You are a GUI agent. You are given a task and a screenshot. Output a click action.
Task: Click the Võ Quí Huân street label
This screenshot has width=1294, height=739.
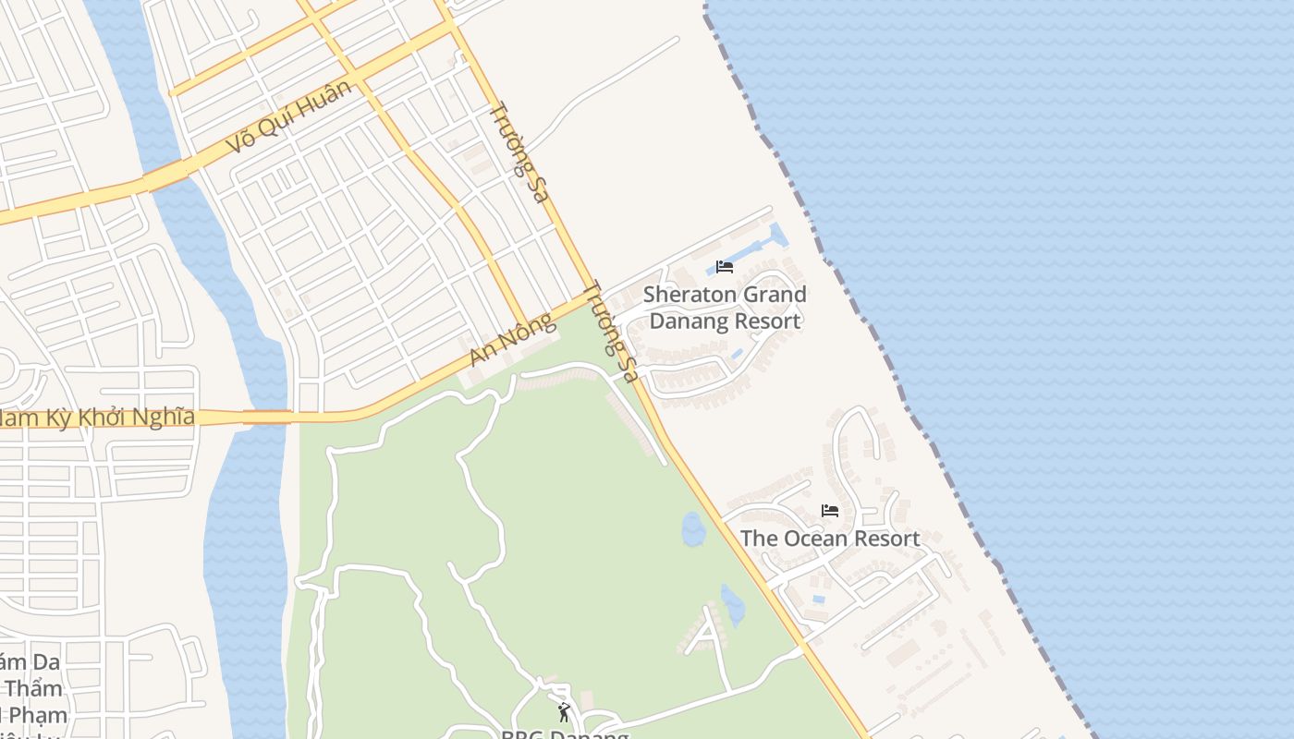point(290,115)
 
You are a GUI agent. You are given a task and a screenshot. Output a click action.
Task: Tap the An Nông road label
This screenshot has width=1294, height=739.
point(512,339)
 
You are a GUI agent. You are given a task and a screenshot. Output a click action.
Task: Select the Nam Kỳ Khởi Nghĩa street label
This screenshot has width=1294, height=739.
point(96,418)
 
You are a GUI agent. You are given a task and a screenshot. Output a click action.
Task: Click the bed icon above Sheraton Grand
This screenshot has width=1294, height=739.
point(725,267)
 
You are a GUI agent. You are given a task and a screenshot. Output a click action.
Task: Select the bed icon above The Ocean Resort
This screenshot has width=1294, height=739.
point(830,510)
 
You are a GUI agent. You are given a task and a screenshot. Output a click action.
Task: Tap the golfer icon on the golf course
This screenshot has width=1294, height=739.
point(564,712)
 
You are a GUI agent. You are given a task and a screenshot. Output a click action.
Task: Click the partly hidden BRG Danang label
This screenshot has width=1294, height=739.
point(564,734)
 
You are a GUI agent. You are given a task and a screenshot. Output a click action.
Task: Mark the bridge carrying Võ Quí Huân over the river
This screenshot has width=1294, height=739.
point(168,173)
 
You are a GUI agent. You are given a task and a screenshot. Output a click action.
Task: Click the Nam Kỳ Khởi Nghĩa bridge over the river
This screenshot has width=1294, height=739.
point(266,418)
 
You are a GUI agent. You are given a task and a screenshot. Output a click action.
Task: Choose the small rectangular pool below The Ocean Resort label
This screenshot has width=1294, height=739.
point(818,599)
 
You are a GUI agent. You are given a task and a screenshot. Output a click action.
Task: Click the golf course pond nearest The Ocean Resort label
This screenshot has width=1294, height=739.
point(692,529)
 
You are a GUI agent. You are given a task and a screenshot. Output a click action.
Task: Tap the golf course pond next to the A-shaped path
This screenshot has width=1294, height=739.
point(733,604)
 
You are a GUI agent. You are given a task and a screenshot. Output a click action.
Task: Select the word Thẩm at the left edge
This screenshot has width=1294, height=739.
point(33,688)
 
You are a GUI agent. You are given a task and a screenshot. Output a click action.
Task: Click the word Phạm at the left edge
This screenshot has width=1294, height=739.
point(37,715)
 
